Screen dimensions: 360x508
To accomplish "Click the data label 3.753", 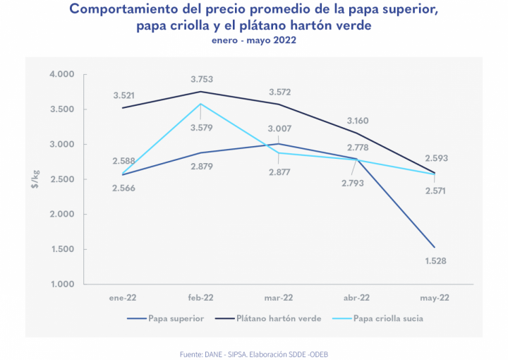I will coord(201,79).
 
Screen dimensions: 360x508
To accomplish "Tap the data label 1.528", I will coord(435,261).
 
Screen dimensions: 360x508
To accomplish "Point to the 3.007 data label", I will coord(279,128).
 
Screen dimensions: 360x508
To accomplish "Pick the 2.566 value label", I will coord(124,188).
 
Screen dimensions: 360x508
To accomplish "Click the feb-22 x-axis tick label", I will coord(201,298).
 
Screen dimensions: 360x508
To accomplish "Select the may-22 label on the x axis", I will coord(435,298).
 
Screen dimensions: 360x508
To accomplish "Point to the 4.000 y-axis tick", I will coord(62,75).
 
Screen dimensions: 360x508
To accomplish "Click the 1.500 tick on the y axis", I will coord(62,249).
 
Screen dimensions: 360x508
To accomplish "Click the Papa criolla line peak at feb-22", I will coord(201,104).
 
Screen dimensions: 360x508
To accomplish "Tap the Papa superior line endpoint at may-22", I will coord(435,247).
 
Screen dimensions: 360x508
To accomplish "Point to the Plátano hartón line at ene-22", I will coord(123,108).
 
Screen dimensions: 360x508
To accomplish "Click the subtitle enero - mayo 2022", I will coord(253,40).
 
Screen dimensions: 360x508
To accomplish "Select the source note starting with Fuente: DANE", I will coord(254,352).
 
